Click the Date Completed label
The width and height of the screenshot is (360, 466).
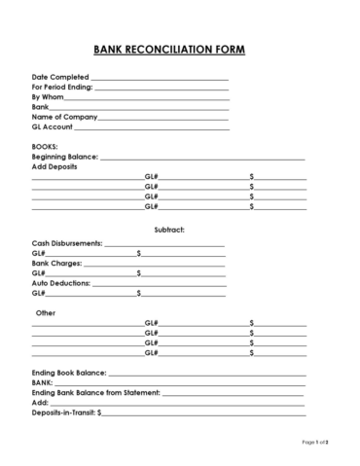(x=60, y=77)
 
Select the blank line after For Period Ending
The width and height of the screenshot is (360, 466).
(x=161, y=88)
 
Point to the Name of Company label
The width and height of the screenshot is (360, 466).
(x=65, y=117)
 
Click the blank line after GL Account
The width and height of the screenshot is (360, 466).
(x=152, y=127)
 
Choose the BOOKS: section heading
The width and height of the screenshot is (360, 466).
(x=45, y=146)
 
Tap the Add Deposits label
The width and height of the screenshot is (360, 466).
(x=54, y=166)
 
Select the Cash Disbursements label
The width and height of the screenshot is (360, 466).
(x=67, y=242)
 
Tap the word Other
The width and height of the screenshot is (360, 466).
(x=46, y=313)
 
